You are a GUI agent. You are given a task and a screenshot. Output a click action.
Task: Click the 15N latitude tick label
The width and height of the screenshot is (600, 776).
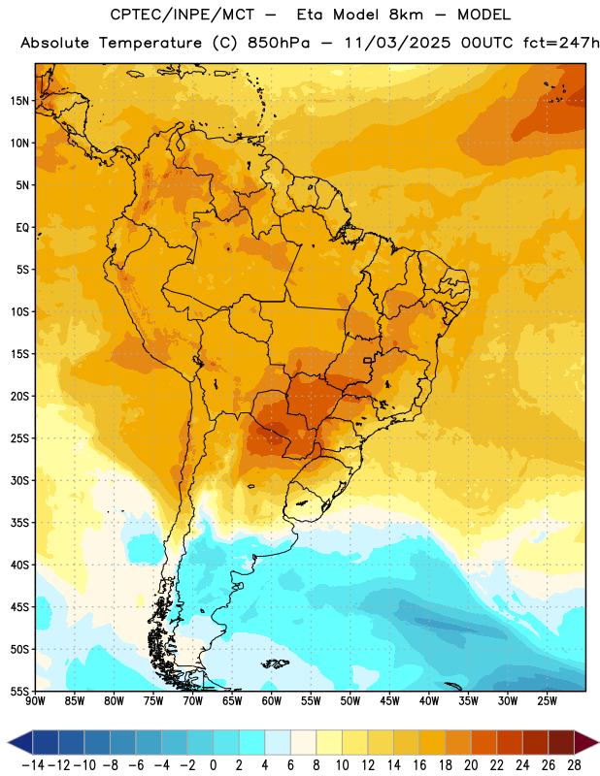point(19,101)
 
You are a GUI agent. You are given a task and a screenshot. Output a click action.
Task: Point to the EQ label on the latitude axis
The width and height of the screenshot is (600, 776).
point(22,228)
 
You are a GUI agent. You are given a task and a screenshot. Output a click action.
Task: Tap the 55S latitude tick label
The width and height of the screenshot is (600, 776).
point(19,691)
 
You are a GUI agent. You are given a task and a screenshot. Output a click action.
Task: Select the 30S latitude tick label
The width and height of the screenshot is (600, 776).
point(19,480)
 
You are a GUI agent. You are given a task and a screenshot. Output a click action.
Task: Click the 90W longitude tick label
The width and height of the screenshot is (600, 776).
point(35,701)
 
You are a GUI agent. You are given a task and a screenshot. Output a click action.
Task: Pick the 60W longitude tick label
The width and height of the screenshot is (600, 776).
point(272,701)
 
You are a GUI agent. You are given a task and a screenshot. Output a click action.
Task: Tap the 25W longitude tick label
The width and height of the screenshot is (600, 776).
point(547,701)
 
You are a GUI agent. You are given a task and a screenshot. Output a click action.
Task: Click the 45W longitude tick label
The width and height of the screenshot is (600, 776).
point(389,701)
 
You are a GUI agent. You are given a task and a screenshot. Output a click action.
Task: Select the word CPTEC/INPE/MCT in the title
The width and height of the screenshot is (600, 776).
point(182,15)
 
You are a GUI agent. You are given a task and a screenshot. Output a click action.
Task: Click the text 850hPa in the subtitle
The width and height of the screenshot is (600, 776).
point(279,43)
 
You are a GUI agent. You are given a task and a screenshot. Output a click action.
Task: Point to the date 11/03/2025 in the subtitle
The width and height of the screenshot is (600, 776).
point(397,43)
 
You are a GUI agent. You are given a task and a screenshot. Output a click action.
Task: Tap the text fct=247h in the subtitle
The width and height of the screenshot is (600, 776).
point(561,43)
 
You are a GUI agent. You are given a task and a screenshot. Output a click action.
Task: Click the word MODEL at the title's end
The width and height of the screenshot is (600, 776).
point(483,15)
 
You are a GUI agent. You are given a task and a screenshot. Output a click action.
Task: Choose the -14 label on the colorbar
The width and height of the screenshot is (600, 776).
point(33,765)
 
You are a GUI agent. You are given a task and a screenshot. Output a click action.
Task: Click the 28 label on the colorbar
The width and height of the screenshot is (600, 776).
point(574,765)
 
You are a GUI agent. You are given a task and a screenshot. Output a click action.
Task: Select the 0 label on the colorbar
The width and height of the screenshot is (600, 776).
point(213,765)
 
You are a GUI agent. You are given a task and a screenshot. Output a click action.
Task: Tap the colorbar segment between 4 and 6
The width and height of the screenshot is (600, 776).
point(278,742)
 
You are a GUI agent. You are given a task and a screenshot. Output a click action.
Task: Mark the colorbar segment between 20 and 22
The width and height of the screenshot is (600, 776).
point(484,742)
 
